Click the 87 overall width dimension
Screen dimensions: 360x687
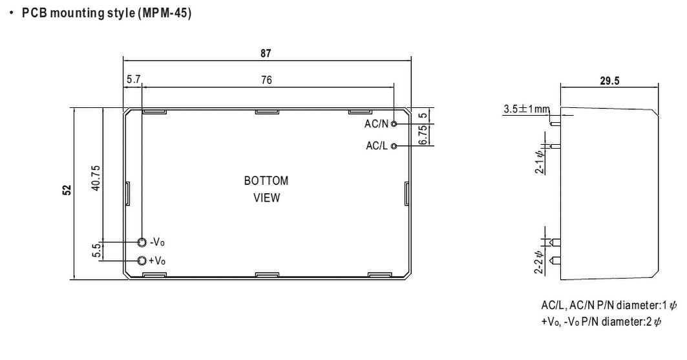(266, 54)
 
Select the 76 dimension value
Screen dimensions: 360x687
(266, 80)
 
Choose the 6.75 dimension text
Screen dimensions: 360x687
(423, 134)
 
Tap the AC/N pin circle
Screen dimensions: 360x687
(394, 123)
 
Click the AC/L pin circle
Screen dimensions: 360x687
(394, 146)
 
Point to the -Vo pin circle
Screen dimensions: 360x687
(142, 242)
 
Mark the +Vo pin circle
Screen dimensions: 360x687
(142, 260)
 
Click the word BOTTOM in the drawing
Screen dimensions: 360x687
(266, 181)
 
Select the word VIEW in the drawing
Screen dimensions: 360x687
(266, 198)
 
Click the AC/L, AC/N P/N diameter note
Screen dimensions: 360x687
(609, 306)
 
